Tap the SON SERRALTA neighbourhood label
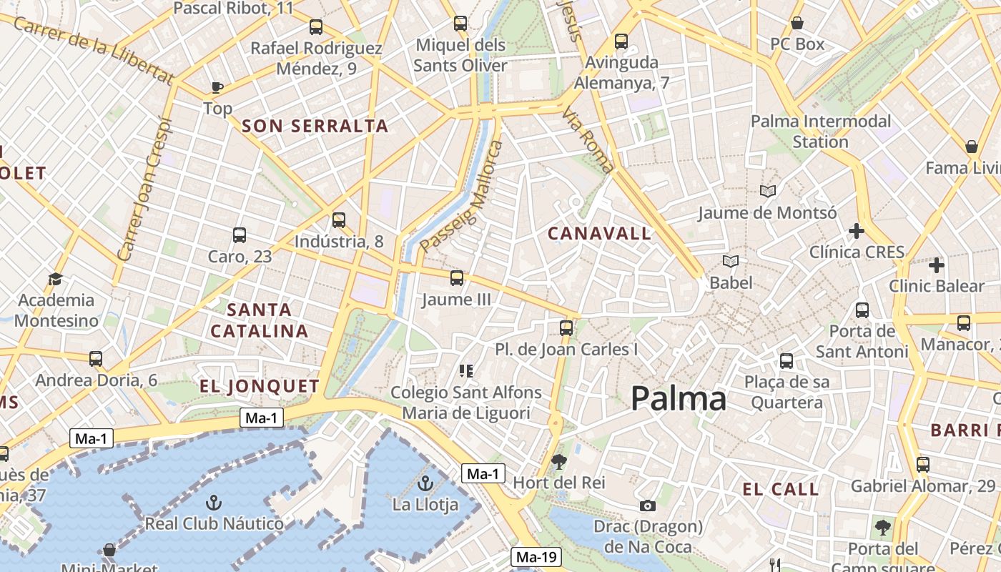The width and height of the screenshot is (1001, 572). [315, 127]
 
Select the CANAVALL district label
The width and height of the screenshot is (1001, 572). [599, 233]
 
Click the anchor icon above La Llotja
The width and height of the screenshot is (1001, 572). [425, 484]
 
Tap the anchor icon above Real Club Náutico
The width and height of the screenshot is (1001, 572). [213, 503]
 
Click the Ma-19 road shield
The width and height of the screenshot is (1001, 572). [537, 557]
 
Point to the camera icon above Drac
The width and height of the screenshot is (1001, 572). [648, 506]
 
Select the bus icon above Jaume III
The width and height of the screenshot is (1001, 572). [457, 278]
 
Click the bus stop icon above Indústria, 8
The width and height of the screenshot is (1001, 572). [339, 220]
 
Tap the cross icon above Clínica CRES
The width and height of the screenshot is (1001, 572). [857, 231]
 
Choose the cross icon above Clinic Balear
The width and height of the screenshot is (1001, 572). [936, 265]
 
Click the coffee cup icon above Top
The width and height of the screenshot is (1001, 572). [217, 87]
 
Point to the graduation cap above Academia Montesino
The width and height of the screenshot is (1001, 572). [56, 279]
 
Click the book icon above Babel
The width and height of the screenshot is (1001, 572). [731, 262]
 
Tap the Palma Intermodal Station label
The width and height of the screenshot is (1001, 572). [820, 132]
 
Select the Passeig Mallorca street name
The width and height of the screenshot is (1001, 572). [462, 197]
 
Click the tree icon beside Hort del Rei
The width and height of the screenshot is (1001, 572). [559, 462]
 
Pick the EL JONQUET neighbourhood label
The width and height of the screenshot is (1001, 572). [260, 387]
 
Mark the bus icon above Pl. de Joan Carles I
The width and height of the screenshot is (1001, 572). [566, 328]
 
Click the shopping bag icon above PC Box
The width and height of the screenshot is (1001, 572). [797, 24]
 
